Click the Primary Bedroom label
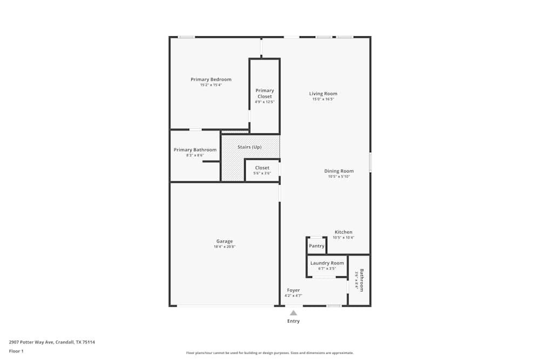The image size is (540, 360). [x=211, y=79]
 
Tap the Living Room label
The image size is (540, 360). [x=323, y=93]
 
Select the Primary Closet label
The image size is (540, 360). [x=265, y=93]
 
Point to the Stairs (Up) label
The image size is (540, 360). [x=249, y=147]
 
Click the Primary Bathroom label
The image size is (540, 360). [x=195, y=150]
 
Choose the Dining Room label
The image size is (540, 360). [x=339, y=171]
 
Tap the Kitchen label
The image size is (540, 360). [x=343, y=232]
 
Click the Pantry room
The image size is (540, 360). [x=316, y=246]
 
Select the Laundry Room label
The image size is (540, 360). [x=327, y=263]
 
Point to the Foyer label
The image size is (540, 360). [x=293, y=290]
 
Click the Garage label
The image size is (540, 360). [x=225, y=241]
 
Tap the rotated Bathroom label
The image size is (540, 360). [x=362, y=280]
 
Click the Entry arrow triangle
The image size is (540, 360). [x=293, y=313]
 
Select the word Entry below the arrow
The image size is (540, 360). [x=293, y=321]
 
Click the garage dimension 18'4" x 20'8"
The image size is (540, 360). [x=225, y=247]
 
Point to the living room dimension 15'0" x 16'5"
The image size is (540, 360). [x=323, y=99]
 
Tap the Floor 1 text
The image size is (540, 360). [x=16, y=351]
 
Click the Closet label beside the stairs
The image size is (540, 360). [x=262, y=168]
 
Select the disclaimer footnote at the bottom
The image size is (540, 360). [x=269, y=353]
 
